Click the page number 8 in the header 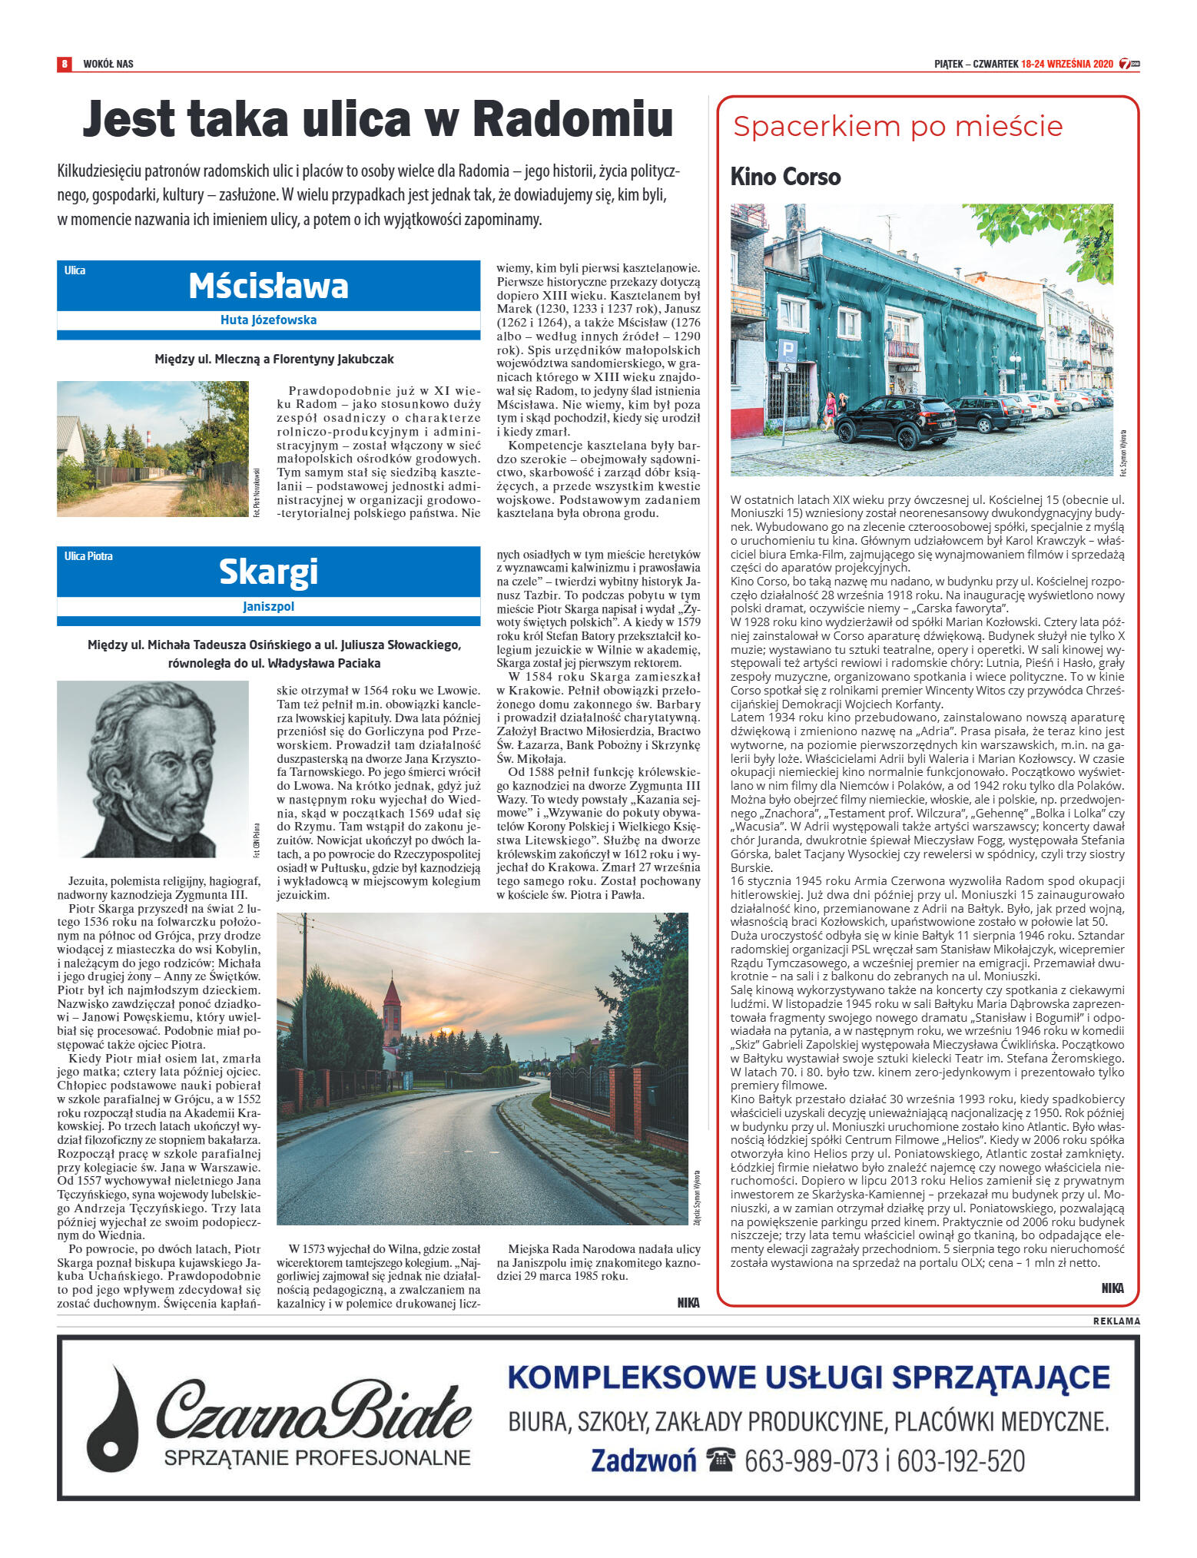65,64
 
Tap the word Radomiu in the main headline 572,120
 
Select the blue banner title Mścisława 268,286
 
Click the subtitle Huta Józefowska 268,320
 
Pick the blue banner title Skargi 268,572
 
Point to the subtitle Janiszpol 268,606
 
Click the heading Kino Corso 785,177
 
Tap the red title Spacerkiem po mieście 897,127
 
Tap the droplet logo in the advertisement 113,1418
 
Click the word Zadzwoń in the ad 644,1460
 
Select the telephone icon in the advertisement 721,1459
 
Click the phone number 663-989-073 811,1460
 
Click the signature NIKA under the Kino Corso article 1112,1288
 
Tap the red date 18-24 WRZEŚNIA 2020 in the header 1066,64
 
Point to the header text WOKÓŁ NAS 108,64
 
